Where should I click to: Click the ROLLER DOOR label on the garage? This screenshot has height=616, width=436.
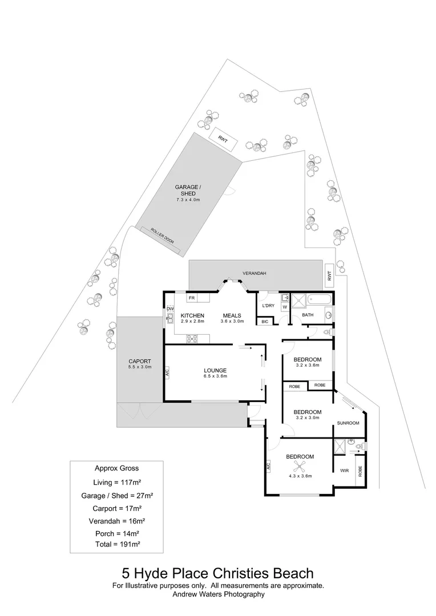tap(162, 236)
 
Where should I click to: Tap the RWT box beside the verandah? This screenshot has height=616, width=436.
tap(329, 275)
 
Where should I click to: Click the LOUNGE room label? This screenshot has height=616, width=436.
tap(215, 371)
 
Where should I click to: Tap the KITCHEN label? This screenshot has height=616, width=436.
tap(192, 315)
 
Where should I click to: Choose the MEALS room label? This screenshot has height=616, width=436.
tap(232, 315)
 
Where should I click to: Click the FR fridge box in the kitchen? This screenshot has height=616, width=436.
tap(192, 298)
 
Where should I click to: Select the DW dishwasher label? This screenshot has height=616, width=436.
tap(170, 310)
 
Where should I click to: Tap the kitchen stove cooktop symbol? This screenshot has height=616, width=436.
tap(192, 338)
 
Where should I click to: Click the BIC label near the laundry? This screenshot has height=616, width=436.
tap(264, 322)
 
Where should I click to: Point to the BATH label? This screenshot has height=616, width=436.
tap(308, 315)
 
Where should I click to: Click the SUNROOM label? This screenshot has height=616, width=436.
tap(348, 423)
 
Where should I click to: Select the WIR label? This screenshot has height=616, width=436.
tap(344, 471)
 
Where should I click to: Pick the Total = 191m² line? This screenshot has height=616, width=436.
tap(118, 544)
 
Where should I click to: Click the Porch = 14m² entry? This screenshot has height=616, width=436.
tap(117, 533)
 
